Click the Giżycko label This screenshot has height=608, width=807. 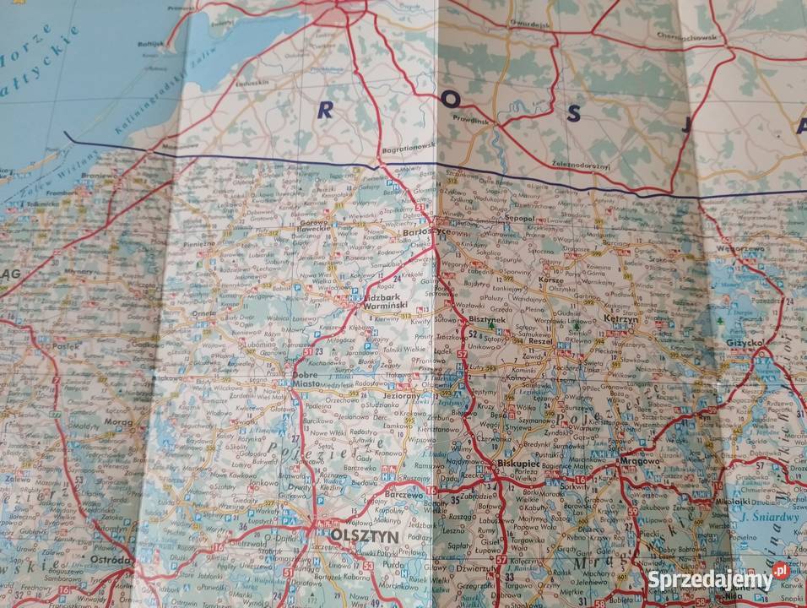pos(744,344)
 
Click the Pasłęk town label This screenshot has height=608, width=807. pos(66,346)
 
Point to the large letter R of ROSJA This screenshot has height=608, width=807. pos(324,108)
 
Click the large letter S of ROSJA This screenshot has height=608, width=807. pos(574,114)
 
